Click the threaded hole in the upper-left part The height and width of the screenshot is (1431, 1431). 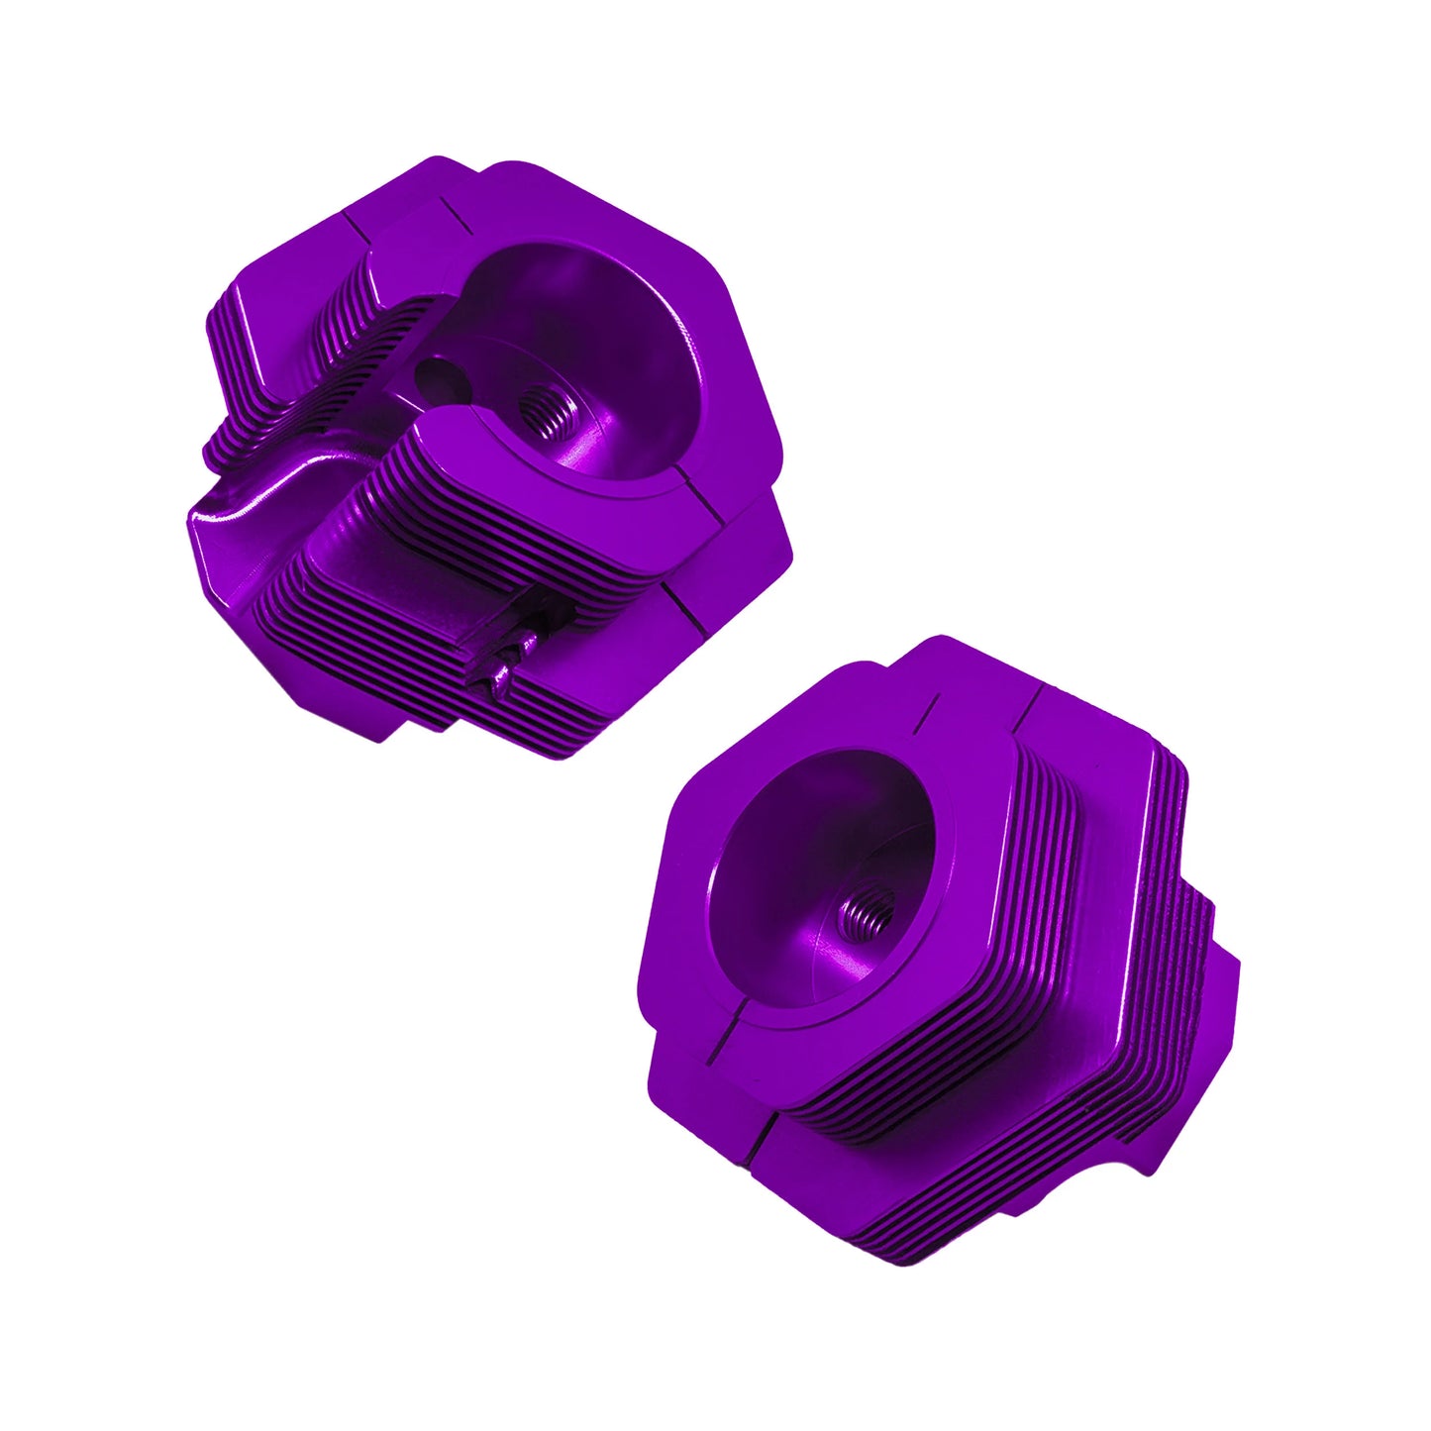543,409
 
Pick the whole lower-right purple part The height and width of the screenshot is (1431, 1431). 941,951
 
